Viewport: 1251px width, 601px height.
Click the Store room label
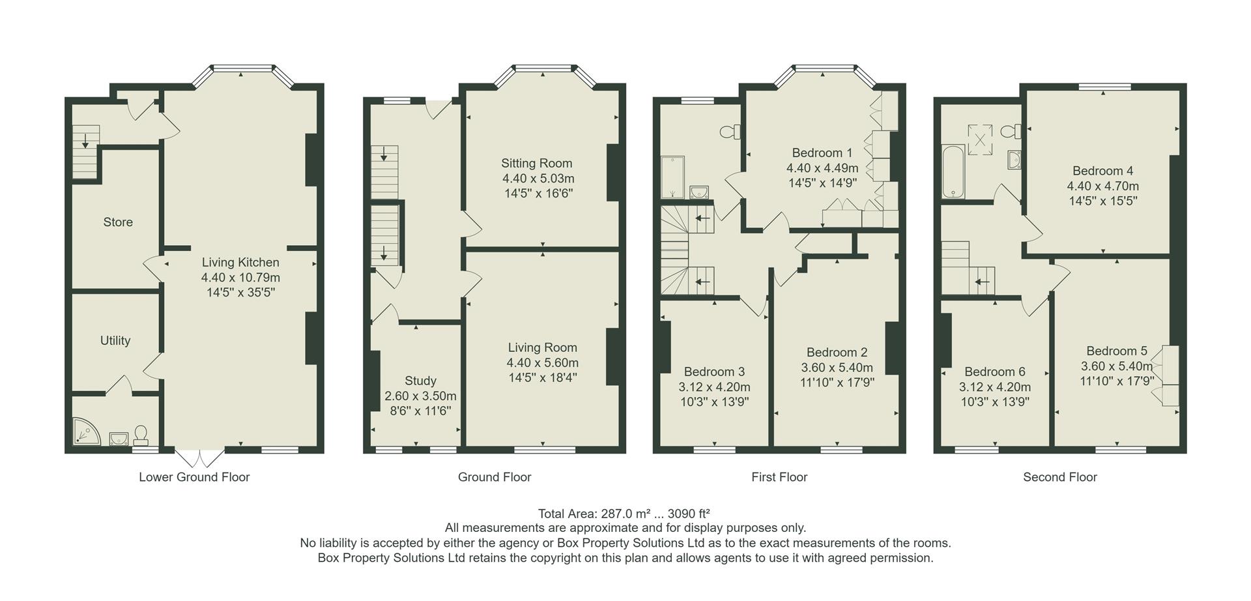[118, 222]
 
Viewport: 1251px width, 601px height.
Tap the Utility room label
[115, 340]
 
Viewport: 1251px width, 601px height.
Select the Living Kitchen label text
[240, 263]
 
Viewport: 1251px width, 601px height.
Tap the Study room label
[420, 381]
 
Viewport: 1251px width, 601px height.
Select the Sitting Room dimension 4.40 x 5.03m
[538, 179]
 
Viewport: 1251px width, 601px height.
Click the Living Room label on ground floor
[542, 347]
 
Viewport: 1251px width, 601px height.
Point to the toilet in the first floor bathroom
[730, 132]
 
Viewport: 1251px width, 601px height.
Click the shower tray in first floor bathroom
[672, 177]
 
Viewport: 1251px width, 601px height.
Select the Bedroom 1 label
[817, 153]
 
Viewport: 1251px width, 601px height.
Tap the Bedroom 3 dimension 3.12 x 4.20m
[714, 387]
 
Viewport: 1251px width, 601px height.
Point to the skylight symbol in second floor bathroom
[979, 139]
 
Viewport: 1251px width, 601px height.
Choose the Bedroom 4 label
[1102, 171]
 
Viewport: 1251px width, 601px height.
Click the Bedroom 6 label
[994, 372]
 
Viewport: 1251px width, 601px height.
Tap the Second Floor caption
[1059, 477]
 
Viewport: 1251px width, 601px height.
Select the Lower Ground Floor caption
[194, 477]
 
